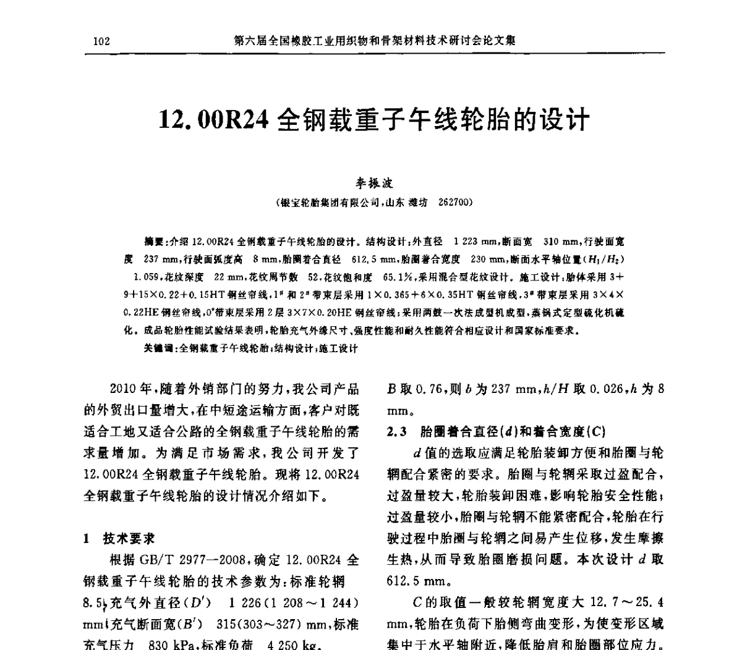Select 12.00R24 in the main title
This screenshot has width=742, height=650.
coord(213,119)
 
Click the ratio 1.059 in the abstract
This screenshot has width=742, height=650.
coord(139,277)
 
